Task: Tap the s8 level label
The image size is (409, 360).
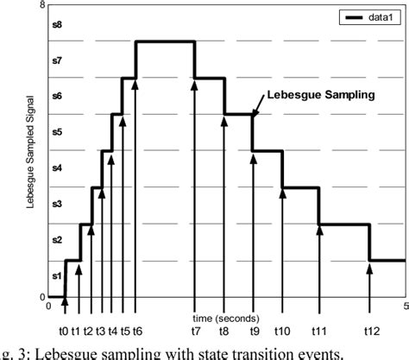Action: tap(58, 26)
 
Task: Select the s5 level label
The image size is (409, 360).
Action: tap(58, 132)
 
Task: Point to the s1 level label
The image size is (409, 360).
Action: tap(58, 275)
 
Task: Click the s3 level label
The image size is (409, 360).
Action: tap(58, 204)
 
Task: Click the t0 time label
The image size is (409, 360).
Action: tap(63, 331)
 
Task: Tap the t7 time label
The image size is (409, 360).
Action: tap(196, 331)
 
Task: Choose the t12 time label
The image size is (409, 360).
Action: tap(371, 331)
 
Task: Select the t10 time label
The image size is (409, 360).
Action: tap(283, 331)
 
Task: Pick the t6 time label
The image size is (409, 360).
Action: tap(137, 331)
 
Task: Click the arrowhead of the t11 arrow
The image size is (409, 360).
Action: tap(319, 230)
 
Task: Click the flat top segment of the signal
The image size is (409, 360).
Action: tap(166, 41)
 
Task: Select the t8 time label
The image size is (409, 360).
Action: tap(223, 331)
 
